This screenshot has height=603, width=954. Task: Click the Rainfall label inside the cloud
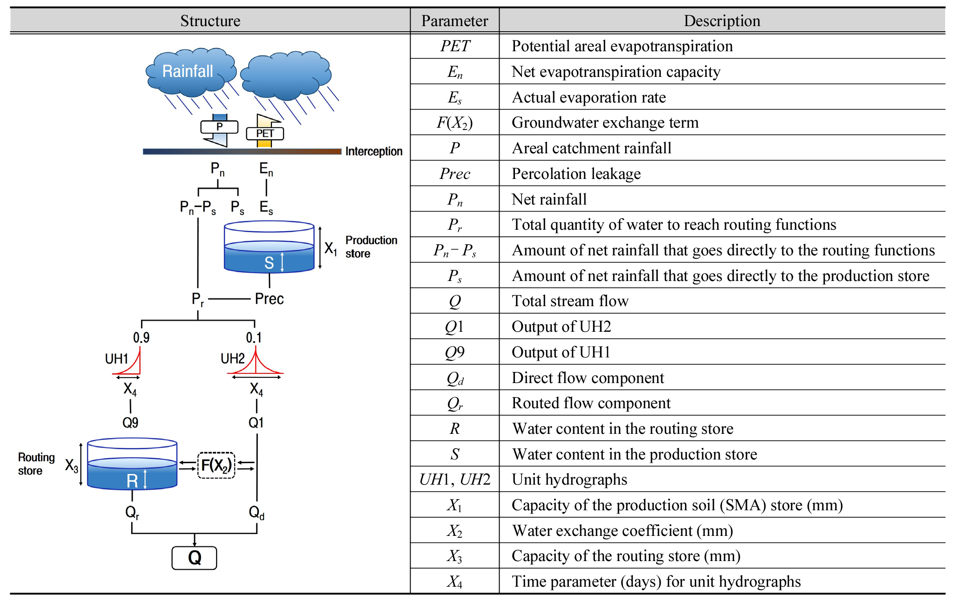(187, 71)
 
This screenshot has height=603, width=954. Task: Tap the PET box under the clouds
(265, 133)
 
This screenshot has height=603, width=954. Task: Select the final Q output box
(194, 558)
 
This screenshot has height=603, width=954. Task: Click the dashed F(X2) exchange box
(216, 465)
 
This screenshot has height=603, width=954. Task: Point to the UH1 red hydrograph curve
(130, 366)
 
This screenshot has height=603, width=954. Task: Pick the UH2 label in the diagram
(232, 358)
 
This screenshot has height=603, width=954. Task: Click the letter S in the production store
(269, 263)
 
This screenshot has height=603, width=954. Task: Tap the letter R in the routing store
(132, 481)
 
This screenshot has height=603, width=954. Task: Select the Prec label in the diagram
(269, 299)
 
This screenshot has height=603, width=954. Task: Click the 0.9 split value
(141, 337)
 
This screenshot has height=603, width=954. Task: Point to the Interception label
(373, 151)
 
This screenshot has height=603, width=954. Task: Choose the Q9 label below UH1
(130, 423)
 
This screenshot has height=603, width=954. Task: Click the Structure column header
(210, 21)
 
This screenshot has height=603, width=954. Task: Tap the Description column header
(722, 21)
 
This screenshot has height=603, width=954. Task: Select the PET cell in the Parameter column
(455, 46)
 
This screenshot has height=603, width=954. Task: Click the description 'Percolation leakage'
(576, 174)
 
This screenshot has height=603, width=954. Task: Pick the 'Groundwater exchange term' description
(605, 123)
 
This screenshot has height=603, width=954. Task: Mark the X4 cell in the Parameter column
(455, 582)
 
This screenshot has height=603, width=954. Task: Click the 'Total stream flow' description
(570, 301)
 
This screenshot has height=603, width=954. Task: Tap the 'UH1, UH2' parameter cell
(455, 480)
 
